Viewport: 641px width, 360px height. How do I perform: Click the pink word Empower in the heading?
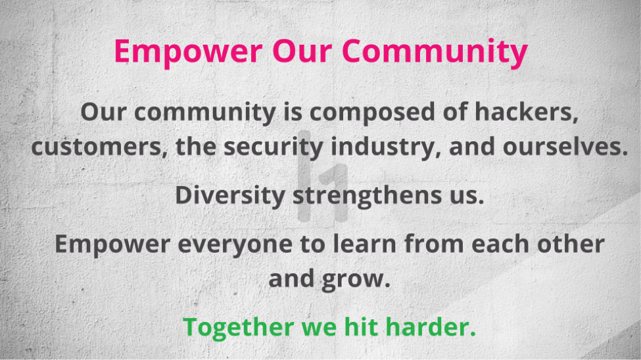click(x=188, y=52)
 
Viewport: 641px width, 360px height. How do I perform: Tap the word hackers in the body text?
click(x=527, y=111)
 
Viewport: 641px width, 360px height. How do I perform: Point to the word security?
click(x=273, y=147)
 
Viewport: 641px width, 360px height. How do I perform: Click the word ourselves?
click(x=565, y=146)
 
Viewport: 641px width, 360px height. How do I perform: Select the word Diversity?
click(x=230, y=195)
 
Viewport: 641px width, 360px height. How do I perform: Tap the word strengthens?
click(x=367, y=195)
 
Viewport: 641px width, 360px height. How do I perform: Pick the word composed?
click(x=372, y=112)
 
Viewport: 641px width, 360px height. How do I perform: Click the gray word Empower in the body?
click(x=112, y=244)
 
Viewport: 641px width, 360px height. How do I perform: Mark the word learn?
click(x=365, y=244)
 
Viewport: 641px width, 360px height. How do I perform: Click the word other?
click(x=571, y=244)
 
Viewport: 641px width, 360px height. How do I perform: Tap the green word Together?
click(x=239, y=327)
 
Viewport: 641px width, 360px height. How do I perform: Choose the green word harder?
click(x=431, y=326)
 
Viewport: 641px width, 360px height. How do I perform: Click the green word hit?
click(x=360, y=326)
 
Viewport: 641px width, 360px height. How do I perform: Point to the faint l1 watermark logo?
click(x=323, y=177)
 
